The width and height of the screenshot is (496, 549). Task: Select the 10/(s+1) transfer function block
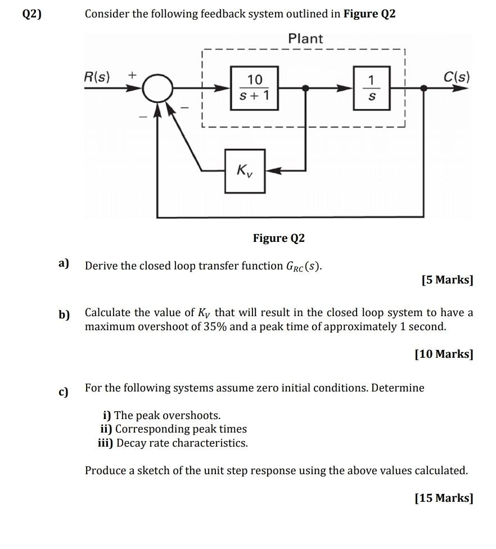[255, 88]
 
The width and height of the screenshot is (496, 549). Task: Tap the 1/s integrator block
[371, 88]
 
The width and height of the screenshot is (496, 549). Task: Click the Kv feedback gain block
[245, 171]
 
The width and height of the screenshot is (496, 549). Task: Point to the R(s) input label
[97, 76]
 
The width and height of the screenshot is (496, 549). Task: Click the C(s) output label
[457, 76]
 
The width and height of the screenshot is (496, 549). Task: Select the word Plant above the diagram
[305, 38]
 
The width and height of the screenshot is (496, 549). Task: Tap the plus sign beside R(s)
[132, 75]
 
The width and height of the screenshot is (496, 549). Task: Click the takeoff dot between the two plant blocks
[305, 88]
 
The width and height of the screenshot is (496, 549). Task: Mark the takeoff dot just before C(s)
[423, 88]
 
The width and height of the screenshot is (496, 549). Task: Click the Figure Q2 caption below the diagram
[279, 238]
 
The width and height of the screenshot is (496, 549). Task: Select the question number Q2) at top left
[31, 13]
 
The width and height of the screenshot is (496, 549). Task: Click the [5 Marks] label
[447, 280]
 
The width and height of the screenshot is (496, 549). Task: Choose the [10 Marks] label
[444, 354]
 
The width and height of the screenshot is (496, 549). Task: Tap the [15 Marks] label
[444, 498]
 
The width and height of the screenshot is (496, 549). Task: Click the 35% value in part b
[215, 327]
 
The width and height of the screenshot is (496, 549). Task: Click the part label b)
[64, 315]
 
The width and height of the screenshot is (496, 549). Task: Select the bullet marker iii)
[106, 443]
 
